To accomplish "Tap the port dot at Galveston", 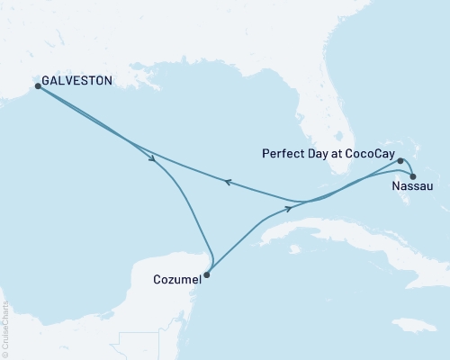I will click(38, 86).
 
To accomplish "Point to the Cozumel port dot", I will click(207, 275).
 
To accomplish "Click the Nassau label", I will click(413, 187).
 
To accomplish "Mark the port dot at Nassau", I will click(413, 176).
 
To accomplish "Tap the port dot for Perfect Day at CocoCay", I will click(400, 161).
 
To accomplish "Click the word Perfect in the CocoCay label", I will click(281, 154).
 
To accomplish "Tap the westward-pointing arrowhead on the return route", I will click(229, 182).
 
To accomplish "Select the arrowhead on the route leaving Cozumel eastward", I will click(289, 207).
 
